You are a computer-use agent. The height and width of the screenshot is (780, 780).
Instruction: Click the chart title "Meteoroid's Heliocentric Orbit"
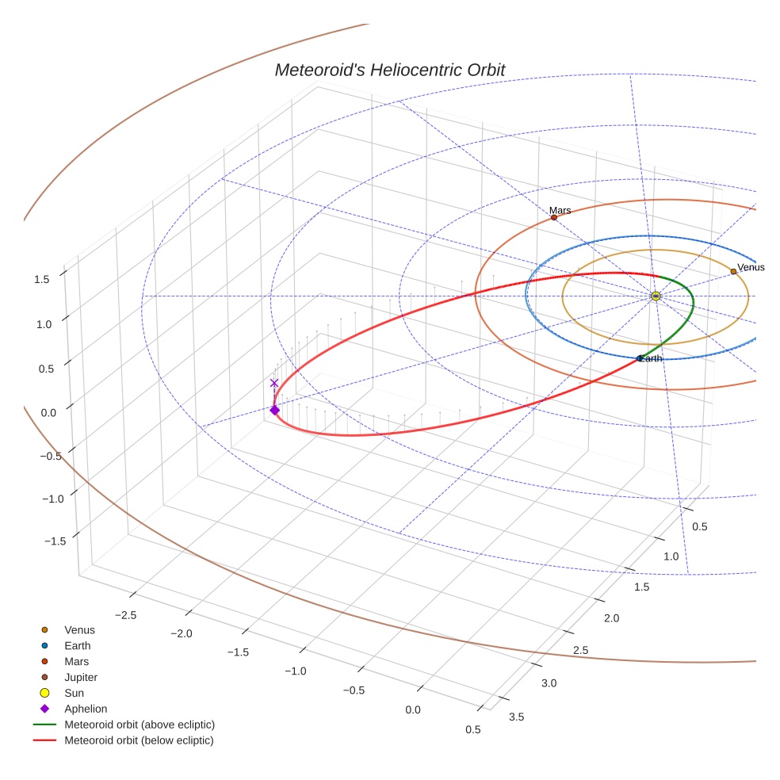389,71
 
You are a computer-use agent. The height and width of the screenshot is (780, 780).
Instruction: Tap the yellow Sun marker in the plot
656,296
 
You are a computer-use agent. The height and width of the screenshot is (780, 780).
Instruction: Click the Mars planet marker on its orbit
553,217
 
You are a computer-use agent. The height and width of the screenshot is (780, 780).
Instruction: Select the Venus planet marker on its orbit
733,271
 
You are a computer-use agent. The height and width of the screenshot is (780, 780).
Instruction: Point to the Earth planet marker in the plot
640,358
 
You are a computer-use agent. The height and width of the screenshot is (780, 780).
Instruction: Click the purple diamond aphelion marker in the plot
274,410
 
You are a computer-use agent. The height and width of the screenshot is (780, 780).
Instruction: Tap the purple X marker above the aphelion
274,383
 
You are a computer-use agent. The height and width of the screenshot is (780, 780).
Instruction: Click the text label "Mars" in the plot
560,211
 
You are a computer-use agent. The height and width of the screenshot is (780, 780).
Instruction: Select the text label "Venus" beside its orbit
751,267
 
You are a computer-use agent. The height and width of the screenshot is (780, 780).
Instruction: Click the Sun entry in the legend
75,693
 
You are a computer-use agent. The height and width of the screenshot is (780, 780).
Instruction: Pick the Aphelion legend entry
86,709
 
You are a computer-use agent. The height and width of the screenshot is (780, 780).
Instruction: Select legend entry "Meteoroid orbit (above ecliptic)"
140,725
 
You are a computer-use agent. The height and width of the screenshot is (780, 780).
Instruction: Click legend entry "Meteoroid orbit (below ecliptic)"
140,740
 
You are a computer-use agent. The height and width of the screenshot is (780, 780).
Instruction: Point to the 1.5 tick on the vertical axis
41,279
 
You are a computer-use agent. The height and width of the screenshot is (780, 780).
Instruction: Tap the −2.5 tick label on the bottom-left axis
125,615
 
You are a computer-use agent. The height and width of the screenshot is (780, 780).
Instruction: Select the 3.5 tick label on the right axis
516,717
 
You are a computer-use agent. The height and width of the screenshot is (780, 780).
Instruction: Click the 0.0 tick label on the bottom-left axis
413,709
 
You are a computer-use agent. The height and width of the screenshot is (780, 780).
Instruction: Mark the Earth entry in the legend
78,645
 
